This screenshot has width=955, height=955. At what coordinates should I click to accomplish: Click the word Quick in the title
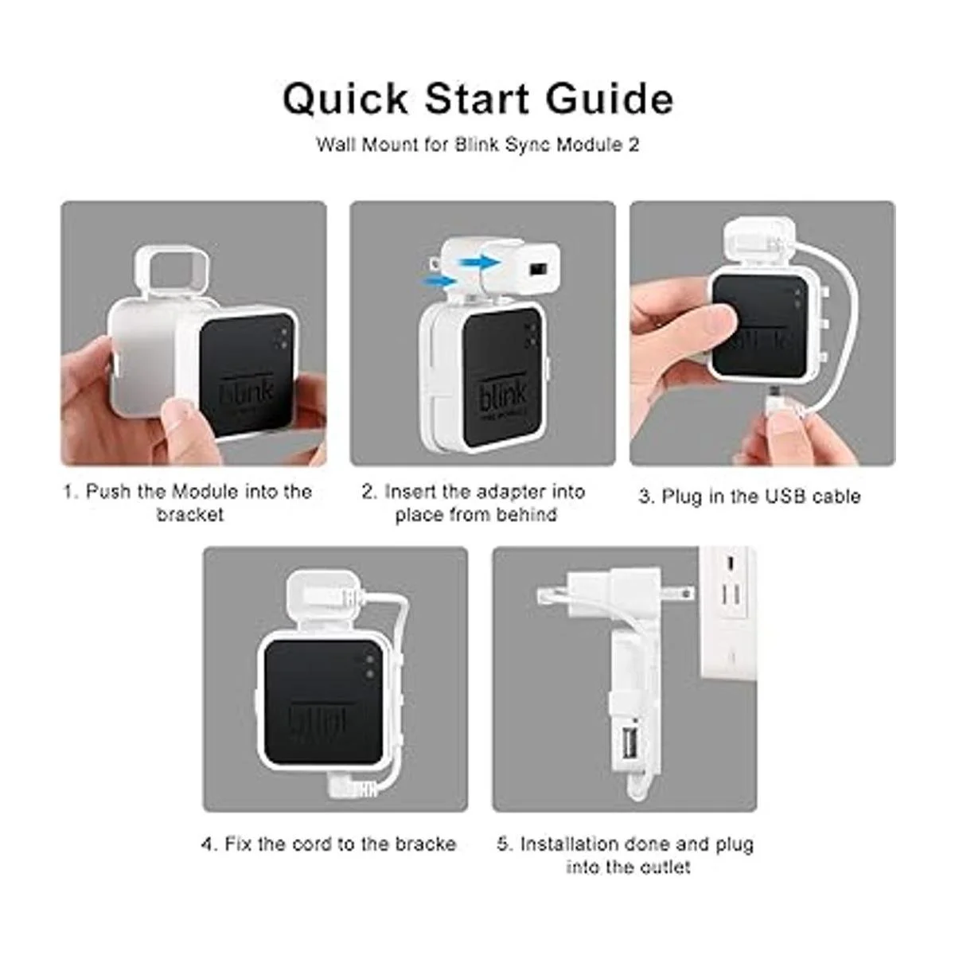coord(345,99)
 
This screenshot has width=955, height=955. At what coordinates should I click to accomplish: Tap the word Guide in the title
coord(610,99)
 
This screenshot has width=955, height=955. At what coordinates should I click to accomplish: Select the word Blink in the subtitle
coord(476,145)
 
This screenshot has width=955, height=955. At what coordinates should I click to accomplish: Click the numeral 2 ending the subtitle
coord(633,145)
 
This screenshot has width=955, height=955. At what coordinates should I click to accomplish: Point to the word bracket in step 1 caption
coord(190,514)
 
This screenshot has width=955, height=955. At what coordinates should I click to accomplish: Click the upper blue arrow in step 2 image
coord(479,262)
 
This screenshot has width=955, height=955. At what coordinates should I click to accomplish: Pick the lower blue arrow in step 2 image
coord(439,282)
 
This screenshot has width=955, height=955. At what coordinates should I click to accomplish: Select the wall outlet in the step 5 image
coord(727,613)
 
